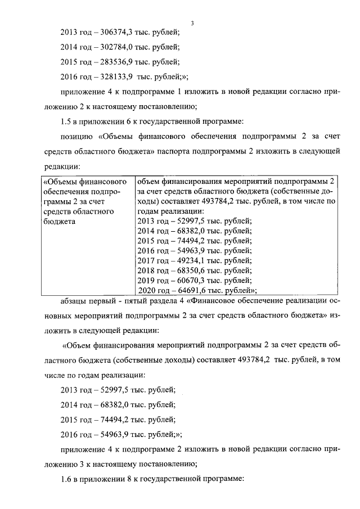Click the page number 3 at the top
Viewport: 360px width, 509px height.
tap(192, 22)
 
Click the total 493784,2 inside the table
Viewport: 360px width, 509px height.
tap(242, 201)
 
